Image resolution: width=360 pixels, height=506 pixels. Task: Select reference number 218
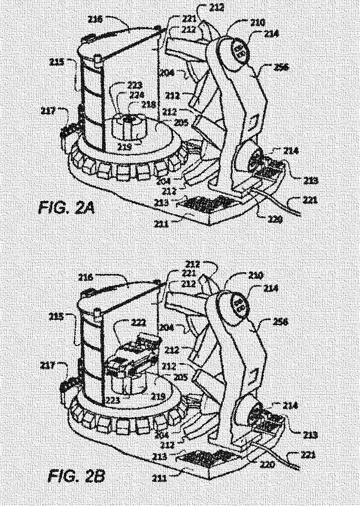click(x=149, y=104)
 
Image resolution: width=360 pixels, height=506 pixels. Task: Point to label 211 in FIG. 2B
click(x=160, y=479)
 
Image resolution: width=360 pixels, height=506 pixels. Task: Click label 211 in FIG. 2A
click(x=162, y=224)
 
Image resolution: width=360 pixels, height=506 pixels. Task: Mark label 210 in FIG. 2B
click(x=256, y=276)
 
